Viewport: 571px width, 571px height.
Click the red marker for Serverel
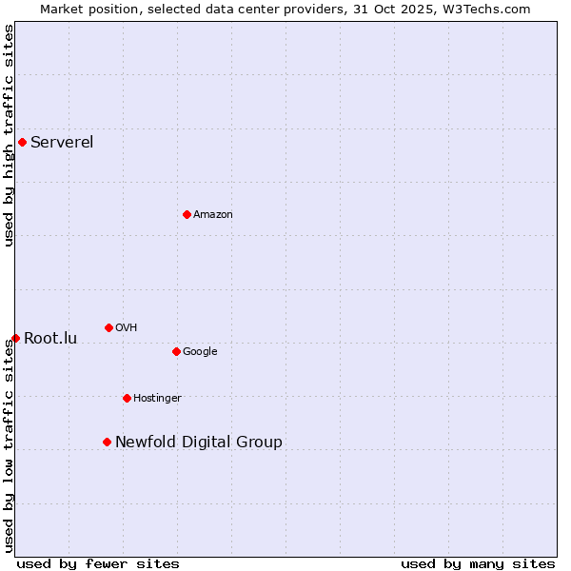[22, 143]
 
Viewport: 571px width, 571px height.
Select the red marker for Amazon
[187, 214]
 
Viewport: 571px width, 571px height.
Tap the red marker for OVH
[108, 327]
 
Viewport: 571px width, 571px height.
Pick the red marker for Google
[176, 351]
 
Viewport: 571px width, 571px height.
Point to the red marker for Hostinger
[127, 398]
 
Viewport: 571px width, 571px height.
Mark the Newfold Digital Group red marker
[107, 442]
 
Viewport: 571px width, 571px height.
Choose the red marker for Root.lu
[15, 338]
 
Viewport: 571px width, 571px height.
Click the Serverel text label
[62, 143]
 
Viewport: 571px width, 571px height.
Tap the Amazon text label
[213, 214]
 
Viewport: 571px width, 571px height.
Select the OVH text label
[127, 327]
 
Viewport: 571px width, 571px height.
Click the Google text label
[200, 351]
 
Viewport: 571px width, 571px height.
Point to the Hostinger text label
[157, 398]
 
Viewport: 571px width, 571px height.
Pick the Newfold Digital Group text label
[199, 442]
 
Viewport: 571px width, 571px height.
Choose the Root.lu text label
[50, 338]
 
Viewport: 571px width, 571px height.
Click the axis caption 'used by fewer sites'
[98, 563]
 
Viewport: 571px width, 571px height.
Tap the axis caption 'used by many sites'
[478, 563]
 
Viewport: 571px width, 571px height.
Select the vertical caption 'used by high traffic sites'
[9, 135]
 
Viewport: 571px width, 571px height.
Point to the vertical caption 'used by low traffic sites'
[9, 445]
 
